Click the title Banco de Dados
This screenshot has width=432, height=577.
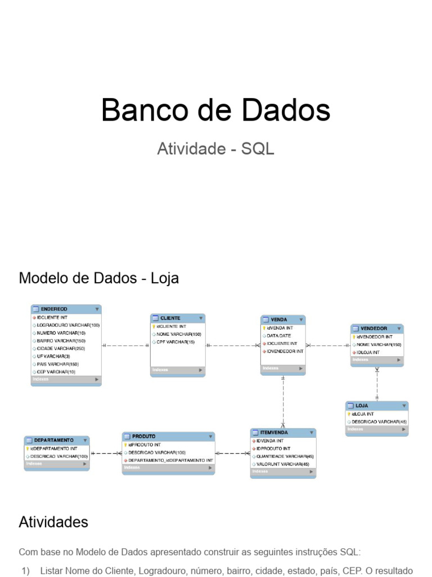215,110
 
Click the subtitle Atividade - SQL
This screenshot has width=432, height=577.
215,149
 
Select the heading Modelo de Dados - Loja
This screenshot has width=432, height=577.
99,278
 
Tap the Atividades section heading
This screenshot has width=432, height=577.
53,522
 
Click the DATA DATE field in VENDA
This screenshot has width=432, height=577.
279,335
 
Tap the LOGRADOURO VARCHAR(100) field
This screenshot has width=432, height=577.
68,325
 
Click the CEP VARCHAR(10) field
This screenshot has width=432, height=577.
56,372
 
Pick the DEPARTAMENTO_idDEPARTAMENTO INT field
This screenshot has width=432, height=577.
170,460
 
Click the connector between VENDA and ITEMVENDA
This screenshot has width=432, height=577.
283,400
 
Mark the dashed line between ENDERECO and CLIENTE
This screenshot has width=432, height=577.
125,345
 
